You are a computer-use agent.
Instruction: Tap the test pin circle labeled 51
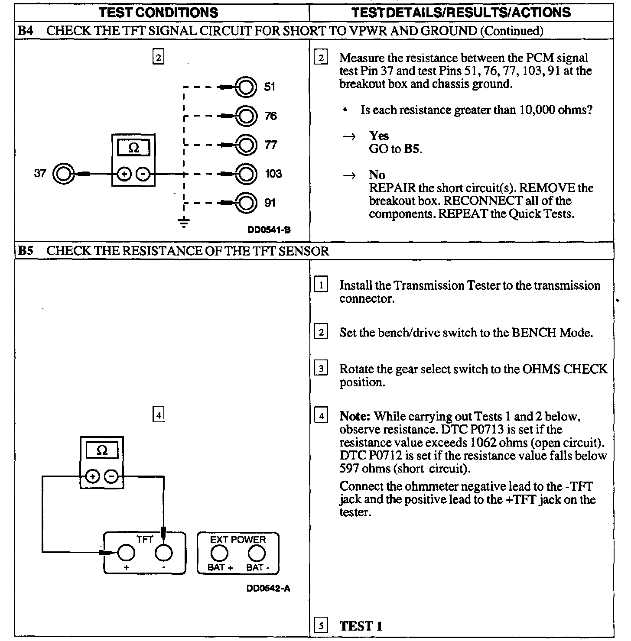[x=245, y=87]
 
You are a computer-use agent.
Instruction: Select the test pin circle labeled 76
[x=245, y=116]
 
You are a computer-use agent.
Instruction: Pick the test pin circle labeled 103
[x=245, y=174]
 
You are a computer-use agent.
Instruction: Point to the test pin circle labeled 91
[x=245, y=203]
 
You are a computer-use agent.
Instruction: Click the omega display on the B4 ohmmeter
[x=134, y=149]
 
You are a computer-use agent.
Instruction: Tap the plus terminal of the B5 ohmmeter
[x=92, y=477]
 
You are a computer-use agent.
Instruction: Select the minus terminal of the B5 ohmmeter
[x=112, y=477]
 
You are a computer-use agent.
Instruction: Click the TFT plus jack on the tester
[x=126, y=553]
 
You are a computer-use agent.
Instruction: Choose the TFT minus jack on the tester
[x=164, y=553]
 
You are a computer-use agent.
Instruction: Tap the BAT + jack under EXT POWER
[x=220, y=553]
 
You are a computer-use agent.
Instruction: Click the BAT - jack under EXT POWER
[x=257, y=553]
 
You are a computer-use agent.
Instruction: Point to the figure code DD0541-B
[x=269, y=230]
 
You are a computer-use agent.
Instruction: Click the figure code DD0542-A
[x=268, y=589]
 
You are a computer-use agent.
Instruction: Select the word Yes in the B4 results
[x=379, y=136]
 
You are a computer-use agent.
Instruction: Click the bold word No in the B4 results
[x=377, y=175]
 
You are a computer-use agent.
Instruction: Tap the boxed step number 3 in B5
[x=321, y=369]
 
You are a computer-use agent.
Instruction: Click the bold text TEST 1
[x=361, y=626]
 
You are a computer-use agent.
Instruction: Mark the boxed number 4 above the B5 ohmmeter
[x=159, y=415]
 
